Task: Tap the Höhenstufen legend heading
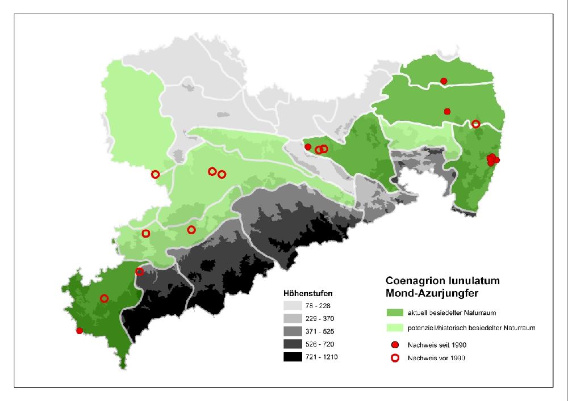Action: point(308,294)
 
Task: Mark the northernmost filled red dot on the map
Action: point(444,81)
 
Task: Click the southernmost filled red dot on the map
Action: point(80,331)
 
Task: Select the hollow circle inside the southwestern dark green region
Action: point(104,298)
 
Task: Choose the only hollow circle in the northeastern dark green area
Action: point(475,124)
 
